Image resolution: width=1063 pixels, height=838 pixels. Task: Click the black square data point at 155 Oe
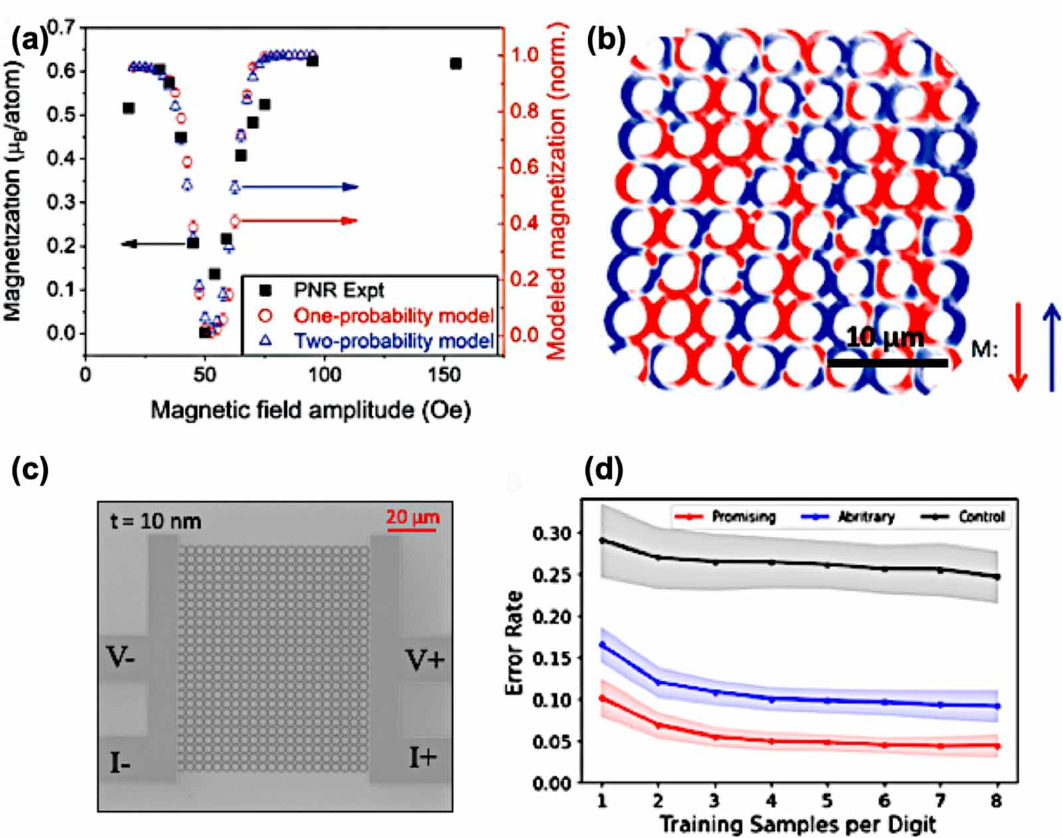click(x=455, y=64)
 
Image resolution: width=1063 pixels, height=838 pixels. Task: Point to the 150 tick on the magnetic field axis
click(x=444, y=375)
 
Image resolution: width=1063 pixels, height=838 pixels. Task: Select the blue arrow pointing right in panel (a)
click(x=299, y=187)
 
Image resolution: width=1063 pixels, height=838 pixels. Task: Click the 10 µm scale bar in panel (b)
click(x=888, y=362)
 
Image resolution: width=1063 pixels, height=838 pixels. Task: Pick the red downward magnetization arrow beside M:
click(x=1017, y=346)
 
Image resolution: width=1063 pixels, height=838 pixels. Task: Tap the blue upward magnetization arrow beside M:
click(x=1052, y=346)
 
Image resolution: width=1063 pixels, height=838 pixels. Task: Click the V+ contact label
click(x=425, y=660)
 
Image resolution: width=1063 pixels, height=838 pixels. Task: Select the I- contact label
click(x=120, y=764)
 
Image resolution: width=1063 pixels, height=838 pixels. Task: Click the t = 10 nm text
click(x=155, y=521)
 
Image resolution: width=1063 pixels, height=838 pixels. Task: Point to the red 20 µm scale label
click(x=413, y=516)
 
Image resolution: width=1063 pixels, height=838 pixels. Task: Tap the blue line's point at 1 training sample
click(x=602, y=645)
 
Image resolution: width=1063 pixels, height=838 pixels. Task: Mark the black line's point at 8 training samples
click(x=997, y=577)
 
